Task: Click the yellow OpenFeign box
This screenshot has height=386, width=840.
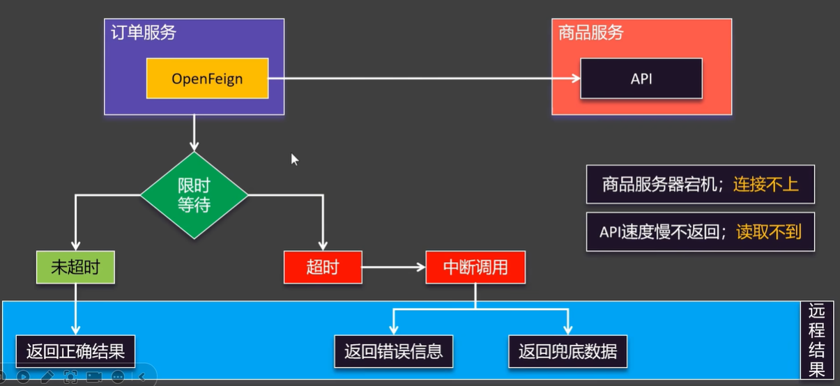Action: coord(207,78)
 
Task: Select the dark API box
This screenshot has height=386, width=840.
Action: coord(641,78)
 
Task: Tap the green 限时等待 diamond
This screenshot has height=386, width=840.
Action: coord(194,196)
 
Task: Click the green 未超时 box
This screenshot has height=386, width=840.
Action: coord(75,268)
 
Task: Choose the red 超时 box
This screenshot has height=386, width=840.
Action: coord(323,268)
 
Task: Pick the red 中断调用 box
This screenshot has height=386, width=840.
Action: coord(475,268)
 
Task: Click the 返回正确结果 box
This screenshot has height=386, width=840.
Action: coord(75,350)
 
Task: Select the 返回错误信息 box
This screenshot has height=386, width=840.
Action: coord(393,350)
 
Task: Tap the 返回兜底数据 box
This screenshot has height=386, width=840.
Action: coord(567,350)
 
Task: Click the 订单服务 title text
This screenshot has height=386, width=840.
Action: coord(144,33)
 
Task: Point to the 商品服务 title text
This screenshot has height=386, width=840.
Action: coord(590,33)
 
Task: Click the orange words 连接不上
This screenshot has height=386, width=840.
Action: coord(765,185)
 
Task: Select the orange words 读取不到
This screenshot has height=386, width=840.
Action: coord(769,231)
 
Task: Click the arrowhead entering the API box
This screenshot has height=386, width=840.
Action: coord(576,79)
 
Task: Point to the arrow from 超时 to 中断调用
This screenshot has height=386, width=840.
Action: coord(393,268)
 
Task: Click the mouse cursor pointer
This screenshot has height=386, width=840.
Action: coord(294,159)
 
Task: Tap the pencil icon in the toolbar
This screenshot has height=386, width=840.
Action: coord(47,377)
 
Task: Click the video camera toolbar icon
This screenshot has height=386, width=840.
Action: coord(93,377)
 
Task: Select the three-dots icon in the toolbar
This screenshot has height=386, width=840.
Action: coord(117,377)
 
